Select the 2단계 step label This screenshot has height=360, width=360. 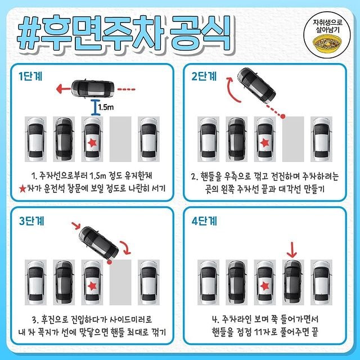pyautogui.click(x=204, y=76)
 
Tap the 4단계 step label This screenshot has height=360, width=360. pyautogui.click(x=204, y=221)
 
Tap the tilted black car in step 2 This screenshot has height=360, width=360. pyautogui.click(x=253, y=85)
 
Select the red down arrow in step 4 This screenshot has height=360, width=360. pyautogui.click(x=291, y=247)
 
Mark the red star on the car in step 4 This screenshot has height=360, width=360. pyautogui.click(x=264, y=286)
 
